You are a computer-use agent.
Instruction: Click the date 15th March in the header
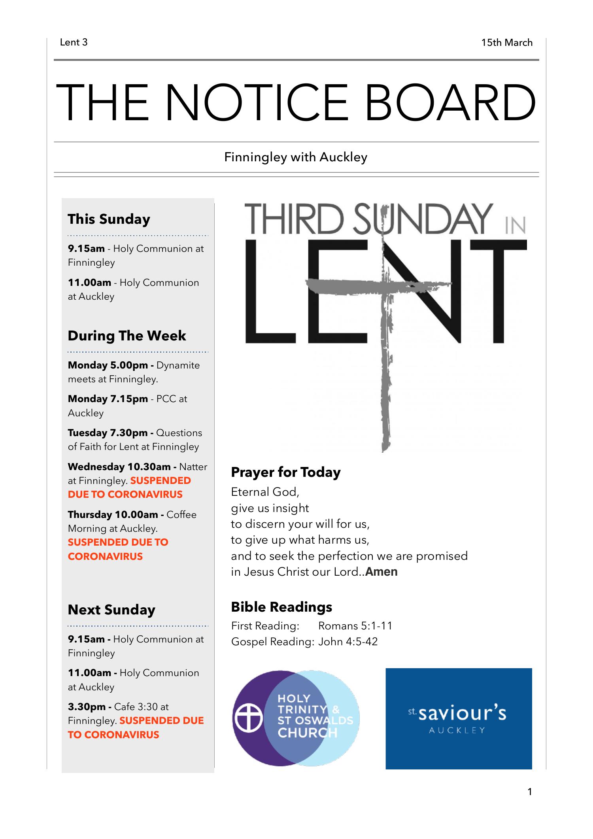coord(506,43)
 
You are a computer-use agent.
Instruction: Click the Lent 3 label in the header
coord(74,42)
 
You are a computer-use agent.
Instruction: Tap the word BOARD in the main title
coord(450,102)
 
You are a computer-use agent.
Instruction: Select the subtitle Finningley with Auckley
coord(296,157)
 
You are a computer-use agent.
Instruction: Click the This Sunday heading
coord(109,219)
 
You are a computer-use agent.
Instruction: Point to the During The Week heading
coord(127,336)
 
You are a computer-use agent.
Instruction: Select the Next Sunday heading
coord(111,610)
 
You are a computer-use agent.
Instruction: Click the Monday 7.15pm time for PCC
coord(108,399)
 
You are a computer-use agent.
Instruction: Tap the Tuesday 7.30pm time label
coord(108,433)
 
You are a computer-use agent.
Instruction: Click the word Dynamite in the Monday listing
coord(178,365)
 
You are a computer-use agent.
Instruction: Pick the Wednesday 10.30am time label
coord(119,467)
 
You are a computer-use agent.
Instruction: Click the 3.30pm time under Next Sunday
coord(87,707)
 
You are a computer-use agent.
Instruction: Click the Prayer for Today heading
coord(285,472)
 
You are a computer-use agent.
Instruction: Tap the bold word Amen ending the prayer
coord(381,572)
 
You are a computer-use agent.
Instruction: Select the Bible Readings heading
coord(281,607)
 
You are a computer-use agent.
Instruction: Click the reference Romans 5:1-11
coord(355,626)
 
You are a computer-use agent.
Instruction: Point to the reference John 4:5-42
coord(348,641)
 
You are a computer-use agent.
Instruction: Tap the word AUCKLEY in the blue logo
coord(457,730)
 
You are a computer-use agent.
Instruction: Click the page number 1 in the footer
coord(530,792)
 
